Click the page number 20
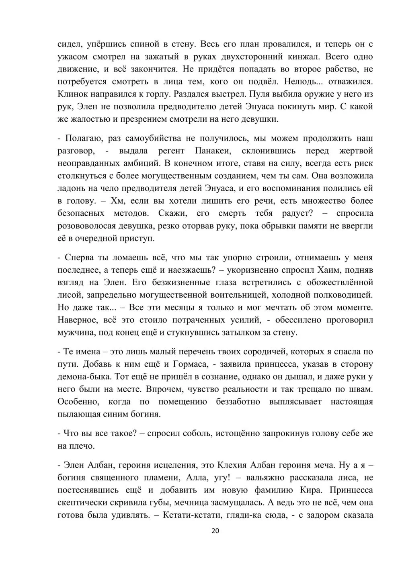point(215,531)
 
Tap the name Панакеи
point(212,151)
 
